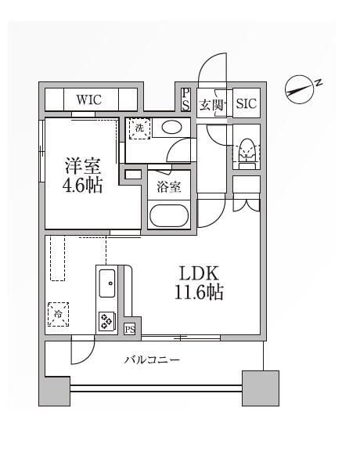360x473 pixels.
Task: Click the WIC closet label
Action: tap(88, 100)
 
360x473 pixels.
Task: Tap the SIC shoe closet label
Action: tap(247, 103)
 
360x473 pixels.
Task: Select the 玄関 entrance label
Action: tap(212, 105)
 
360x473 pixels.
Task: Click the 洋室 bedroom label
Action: tap(83, 165)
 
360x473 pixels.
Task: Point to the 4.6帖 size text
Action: tap(82, 185)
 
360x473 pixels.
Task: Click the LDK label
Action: tap(199, 273)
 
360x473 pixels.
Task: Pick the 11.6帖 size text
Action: tap(199, 292)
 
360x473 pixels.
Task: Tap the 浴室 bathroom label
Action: tap(168, 187)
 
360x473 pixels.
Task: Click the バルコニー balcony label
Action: tap(153, 360)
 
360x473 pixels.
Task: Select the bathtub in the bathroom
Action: tap(169, 215)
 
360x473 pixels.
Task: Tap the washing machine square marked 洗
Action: tap(139, 128)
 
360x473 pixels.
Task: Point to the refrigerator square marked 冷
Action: tap(58, 314)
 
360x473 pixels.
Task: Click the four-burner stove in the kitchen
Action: tap(107, 320)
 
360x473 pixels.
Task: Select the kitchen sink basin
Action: tap(107, 283)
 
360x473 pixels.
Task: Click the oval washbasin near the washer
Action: tap(171, 128)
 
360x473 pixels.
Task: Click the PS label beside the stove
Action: tap(130, 330)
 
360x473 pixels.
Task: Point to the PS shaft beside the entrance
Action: tap(185, 99)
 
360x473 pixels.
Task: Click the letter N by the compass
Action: tap(319, 83)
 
